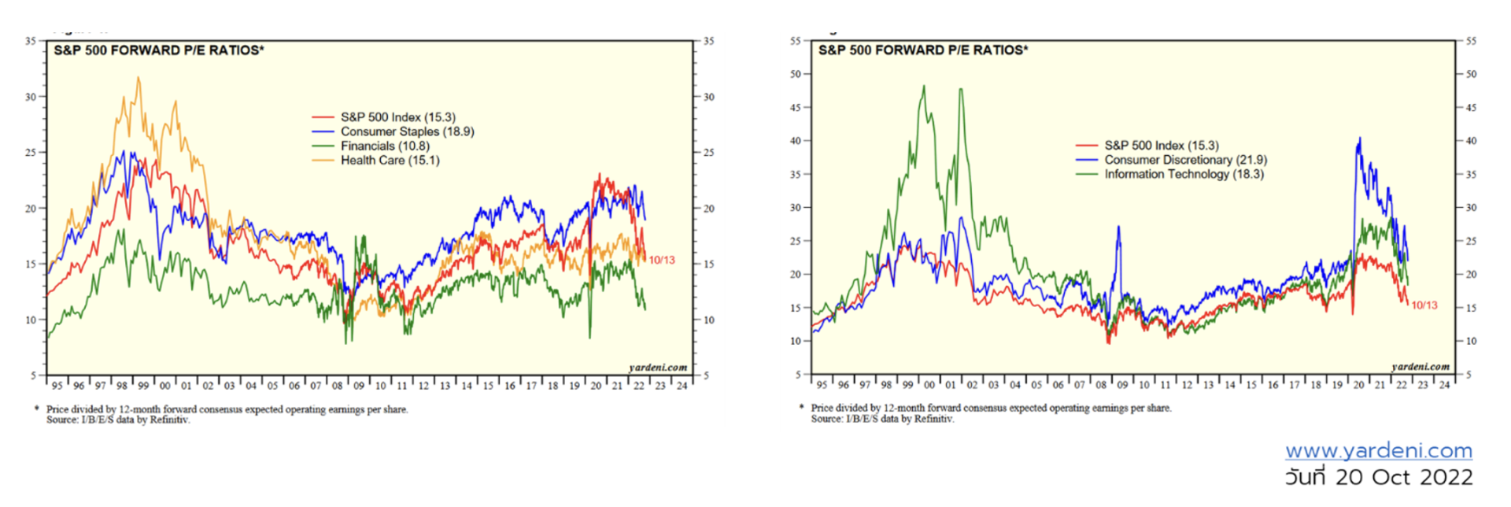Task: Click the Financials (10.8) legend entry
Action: (x=385, y=146)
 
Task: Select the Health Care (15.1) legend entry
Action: (x=390, y=161)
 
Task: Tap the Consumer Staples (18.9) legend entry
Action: (x=407, y=132)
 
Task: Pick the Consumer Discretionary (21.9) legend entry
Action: (x=1185, y=160)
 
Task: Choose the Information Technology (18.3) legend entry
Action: (x=1184, y=174)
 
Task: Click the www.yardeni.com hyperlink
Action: (x=1379, y=450)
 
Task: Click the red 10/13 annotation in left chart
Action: (x=662, y=261)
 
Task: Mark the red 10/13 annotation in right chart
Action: (x=1424, y=305)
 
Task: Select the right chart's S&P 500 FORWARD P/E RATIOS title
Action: (x=923, y=50)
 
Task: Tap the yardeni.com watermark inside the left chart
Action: (x=658, y=367)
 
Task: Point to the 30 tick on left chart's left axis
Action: (x=31, y=97)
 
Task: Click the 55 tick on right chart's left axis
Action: (x=796, y=40)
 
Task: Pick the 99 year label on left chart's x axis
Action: (x=143, y=386)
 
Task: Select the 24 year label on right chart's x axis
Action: (x=1444, y=385)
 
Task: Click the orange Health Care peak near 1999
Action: (x=139, y=78)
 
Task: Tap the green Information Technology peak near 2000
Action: (x=924, y=87)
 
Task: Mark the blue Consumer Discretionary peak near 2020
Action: (x=1359, y=139)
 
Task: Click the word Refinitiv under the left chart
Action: (x=169, y=420)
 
